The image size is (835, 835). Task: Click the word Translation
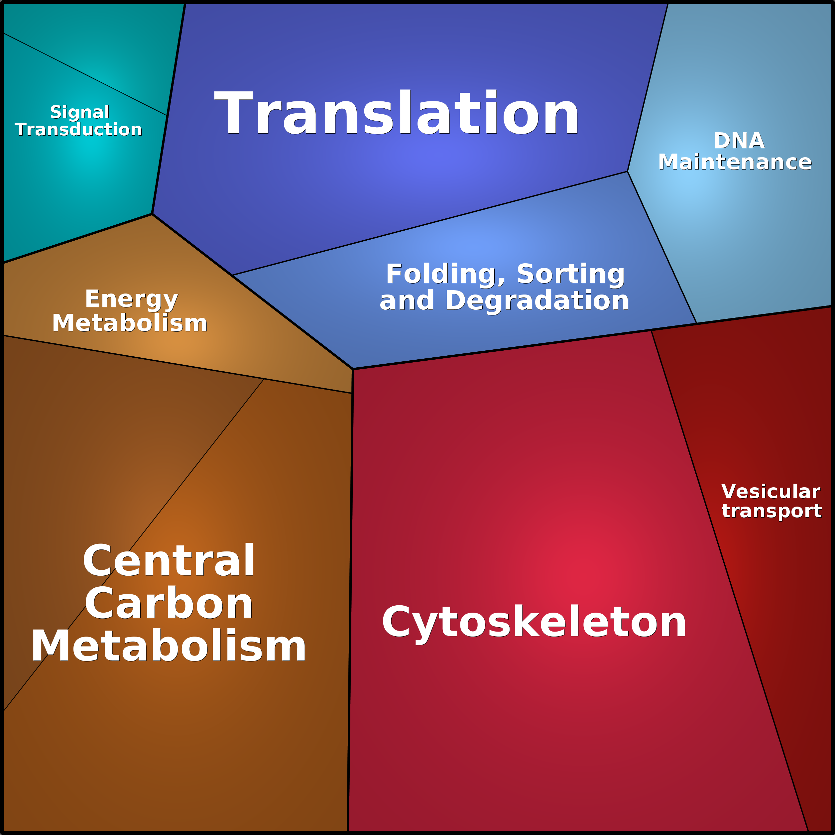click(396, 113)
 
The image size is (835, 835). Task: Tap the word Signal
click(79, 112)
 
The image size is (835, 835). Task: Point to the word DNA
click(739, 141)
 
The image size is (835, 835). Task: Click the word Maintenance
click(735, 162)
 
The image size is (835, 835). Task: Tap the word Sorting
click(570, 274)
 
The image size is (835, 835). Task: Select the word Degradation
click(537, 300)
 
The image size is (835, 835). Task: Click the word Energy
click(131, 299)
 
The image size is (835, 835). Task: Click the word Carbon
click(169, 604)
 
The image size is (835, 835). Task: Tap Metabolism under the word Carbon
click(169, 646)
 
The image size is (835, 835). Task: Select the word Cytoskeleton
click(534, 622)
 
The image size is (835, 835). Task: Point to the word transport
click(772, 511)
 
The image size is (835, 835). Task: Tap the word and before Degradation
click(406, 300)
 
